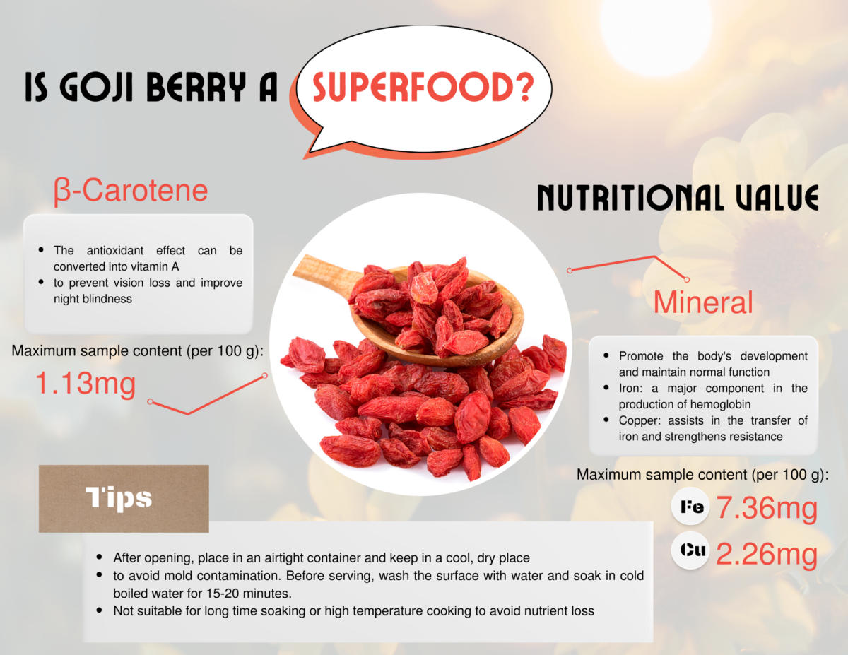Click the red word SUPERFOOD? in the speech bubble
pos(423,87)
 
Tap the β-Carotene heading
pos(131,191)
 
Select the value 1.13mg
pos(86,384)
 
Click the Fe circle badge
pos(690,506)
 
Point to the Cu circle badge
pos(690,550)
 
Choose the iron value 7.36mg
pos(767,508)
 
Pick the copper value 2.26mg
pos(767,553)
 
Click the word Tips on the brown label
pos(119,498)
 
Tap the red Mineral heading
pos(703,302)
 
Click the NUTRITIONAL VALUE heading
pos(678,197)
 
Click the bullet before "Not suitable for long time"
pos(100,610)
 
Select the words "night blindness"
pos(93,299)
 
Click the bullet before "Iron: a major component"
pos(606,388)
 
